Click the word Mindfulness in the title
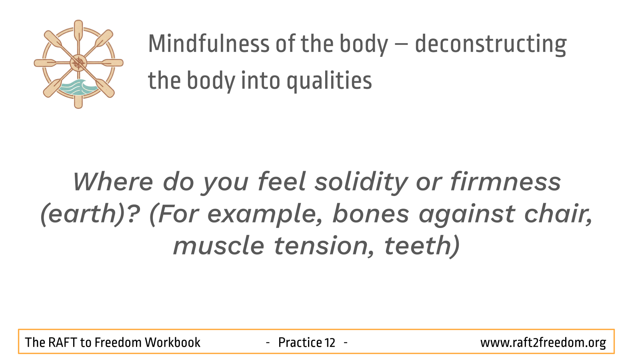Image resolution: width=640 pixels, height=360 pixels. pos(209,44)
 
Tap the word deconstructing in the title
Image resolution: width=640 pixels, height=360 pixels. pos(490,45)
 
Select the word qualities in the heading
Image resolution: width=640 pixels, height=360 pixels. pos(329,81)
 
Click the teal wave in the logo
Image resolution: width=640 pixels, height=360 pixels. pos(78,87)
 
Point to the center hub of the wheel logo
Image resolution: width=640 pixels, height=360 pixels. pos(78,63)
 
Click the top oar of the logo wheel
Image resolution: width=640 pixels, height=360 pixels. pos(78,32)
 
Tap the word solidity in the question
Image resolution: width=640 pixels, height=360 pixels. pos(361,182)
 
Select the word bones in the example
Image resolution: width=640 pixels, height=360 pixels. pos(370,214)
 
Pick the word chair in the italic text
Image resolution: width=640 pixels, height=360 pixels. pos(558,214)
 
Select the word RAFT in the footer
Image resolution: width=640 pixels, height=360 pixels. pos(62,342)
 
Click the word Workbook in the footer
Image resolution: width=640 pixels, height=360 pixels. pos(172,342)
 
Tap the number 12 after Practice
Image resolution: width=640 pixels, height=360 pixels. pos(330,342)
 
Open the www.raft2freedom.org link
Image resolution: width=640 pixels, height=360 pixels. pos(543,343)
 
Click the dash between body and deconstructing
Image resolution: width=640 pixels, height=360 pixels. pos(402,45)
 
